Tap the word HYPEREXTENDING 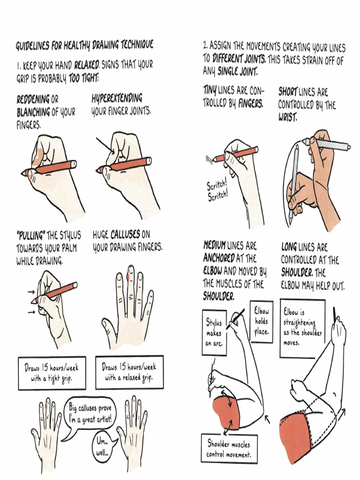(116, 99)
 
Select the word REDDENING (33, 100)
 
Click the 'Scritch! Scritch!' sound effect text (218, 191)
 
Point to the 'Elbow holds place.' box (261, 322)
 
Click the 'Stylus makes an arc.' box (214, 333)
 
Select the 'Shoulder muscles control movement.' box (229, 449)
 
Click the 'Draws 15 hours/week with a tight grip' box (52, 373)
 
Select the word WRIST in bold (288, 117)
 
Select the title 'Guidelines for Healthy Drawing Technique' (84, 45)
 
